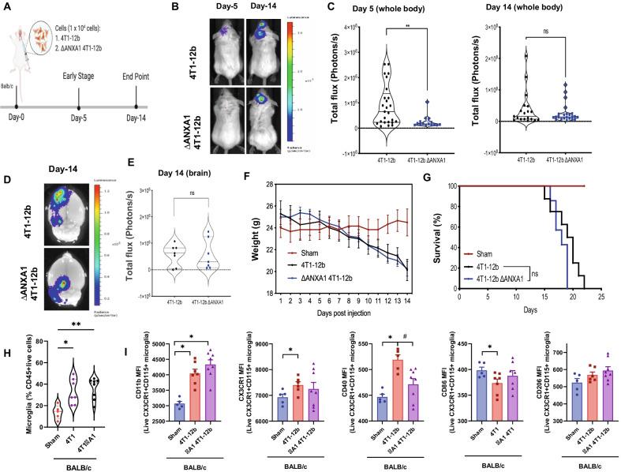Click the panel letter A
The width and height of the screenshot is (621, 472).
7,8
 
